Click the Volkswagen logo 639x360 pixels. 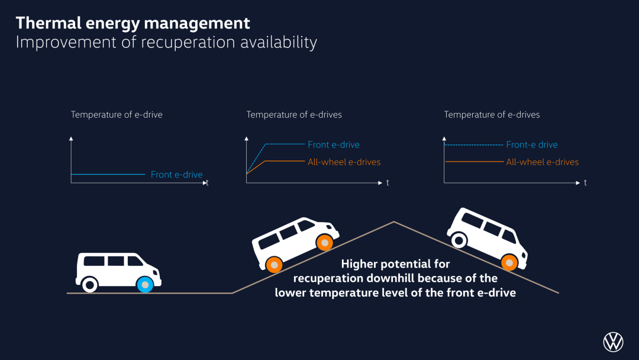[x=613, y=342]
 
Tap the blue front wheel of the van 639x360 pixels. [x=145, y=285]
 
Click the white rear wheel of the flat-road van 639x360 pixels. [x=90, y=284]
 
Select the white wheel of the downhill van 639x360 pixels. [x=459, y=240]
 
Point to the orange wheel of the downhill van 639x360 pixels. [x=509, y=262]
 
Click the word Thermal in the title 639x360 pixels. [x=49, y=23]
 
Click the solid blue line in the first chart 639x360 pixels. [x=108, y=175]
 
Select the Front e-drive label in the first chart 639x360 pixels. [x=176, y=175]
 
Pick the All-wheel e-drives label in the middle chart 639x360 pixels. [x=344, y=162]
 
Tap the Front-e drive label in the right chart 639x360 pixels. [x=532, y=144]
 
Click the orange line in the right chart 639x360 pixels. [x=475, y=162]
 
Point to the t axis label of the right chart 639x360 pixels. [x=585, y=183]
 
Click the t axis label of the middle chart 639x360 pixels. [x=388, y=183]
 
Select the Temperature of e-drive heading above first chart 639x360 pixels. [x=117, y=114]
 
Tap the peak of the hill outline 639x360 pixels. [x=393, y=222]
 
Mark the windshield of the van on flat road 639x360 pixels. [x=135, y=261]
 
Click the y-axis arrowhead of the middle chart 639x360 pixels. [x=246, y=139]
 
